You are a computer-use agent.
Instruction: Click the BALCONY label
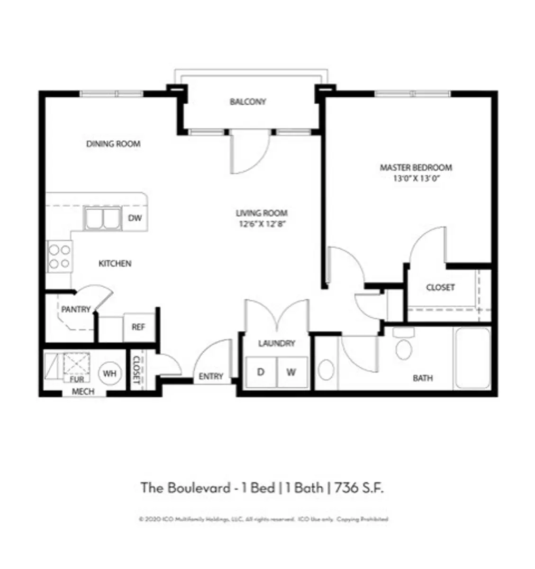tap(248, 102)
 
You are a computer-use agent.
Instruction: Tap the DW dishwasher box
tap(135, 219)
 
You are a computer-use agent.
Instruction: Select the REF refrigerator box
tap(138, 327)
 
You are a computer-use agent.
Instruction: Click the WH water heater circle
tap(110, 374)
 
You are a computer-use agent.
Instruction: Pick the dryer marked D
tap(261, 372)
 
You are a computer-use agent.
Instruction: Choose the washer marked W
tap(291, 372)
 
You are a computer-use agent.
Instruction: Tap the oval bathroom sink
tap(326, 370)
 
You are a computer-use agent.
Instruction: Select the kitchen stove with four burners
tap(60, 256)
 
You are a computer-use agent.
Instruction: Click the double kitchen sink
tap(102, 219)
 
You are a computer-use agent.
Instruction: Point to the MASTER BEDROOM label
tap(416, 167)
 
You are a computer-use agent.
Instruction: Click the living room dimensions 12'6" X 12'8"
tap(262, 224)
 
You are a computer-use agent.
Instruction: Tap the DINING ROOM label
tap(113, 144)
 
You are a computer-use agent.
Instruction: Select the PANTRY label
tap(76, 310)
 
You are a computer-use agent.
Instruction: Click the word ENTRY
tap(211, 376)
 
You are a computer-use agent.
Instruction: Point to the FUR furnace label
tap(77, 379)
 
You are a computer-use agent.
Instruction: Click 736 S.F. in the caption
tap(359, 488)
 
